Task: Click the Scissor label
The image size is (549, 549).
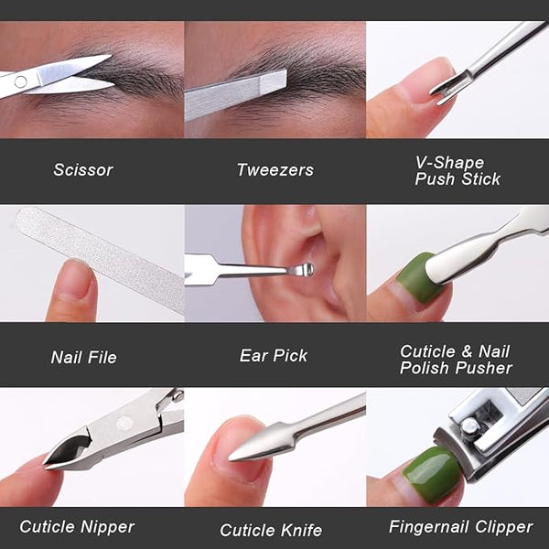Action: (83, 170)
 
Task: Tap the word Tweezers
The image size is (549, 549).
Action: (275, 170)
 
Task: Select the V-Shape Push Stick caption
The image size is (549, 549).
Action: (457, 170)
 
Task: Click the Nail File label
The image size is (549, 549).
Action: (83, 357)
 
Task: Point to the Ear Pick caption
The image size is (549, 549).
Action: (274, 355)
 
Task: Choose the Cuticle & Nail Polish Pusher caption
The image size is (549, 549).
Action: (456, 360)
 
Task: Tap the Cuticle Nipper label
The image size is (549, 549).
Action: (77, 527)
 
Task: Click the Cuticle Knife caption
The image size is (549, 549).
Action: (271, 530)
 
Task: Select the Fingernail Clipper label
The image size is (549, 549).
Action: (461, 527)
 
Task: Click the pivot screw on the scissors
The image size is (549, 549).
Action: (21, 82)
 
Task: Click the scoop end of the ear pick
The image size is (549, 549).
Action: (303, 270)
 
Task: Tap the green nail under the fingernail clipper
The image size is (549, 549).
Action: (433, 474)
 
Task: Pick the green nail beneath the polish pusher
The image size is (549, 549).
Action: (419, 278)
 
